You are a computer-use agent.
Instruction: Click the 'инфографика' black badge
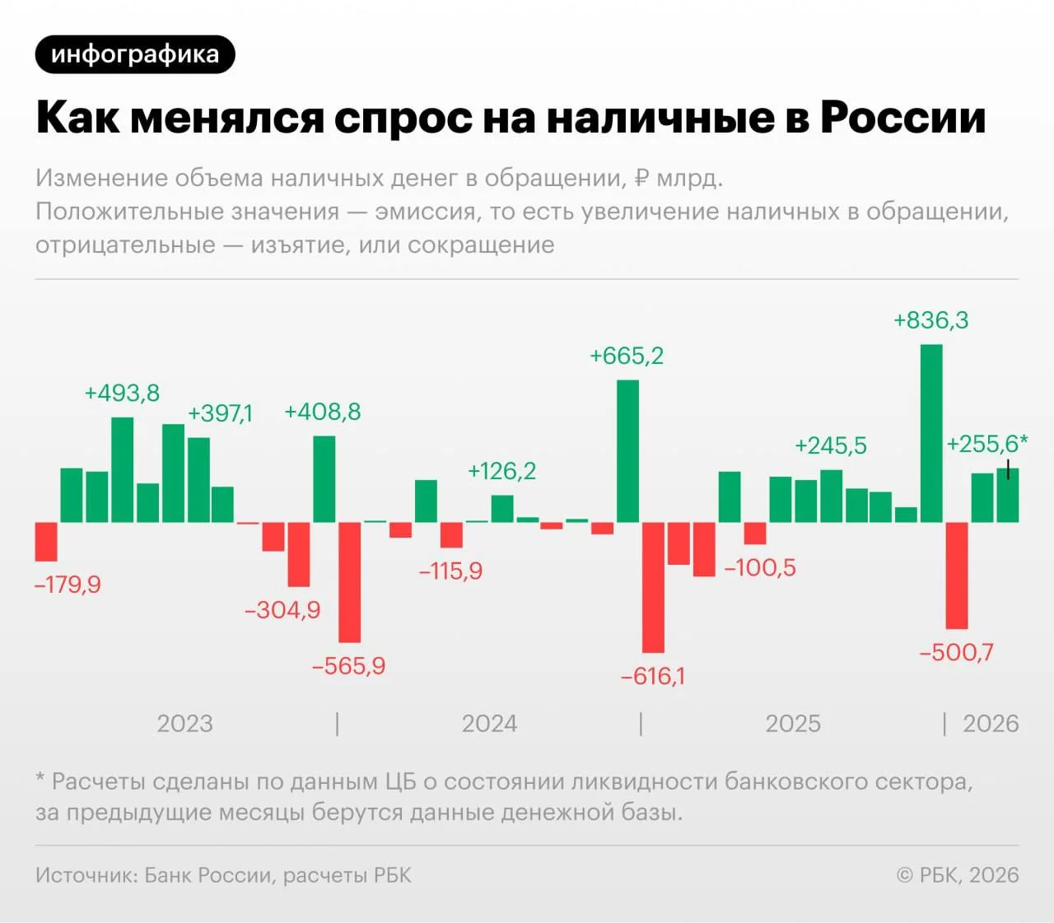pos(135,54)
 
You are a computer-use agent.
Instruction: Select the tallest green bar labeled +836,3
pos(931,433)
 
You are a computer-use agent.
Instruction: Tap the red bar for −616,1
pos(653,587)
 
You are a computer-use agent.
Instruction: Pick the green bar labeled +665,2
pos(627,451)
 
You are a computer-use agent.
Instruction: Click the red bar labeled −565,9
pos(349,582)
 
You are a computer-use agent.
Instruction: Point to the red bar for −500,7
pos(957,576)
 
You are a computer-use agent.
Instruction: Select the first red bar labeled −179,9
pos(46,542)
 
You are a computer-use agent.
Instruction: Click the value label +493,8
pos(122,394)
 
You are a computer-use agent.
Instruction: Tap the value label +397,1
pos(220,413)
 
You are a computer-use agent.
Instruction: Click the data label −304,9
pos(282,610)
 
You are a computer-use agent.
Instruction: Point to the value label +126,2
pos(501,471)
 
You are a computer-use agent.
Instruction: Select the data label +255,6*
pos(986,444)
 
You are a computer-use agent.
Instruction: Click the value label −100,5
pos(760,567)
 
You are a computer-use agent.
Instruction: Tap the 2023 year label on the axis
pos(184,724)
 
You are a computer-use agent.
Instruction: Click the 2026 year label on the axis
pos(991,724)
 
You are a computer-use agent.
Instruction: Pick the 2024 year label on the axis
pos(489,724)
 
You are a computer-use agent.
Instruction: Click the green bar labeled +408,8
pos(324,479)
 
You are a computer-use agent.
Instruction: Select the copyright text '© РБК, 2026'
pos(958,874)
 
